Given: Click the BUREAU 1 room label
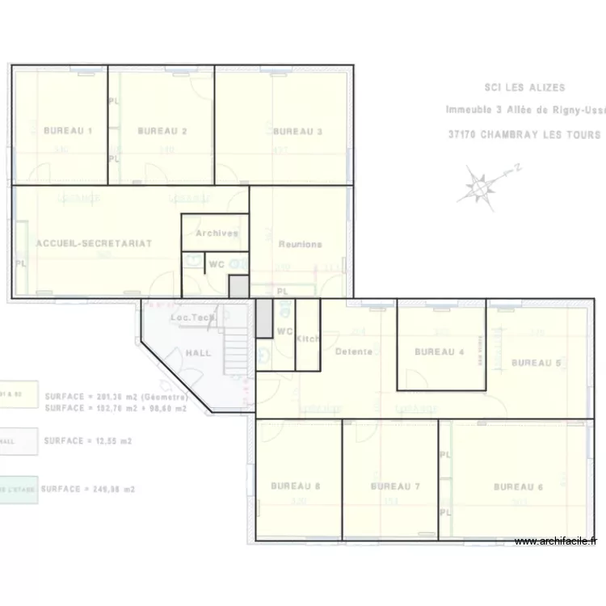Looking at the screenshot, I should tap(68, 131).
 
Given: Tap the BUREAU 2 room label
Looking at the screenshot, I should tap(162, 131).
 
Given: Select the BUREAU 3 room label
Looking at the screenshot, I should tap(297, 131).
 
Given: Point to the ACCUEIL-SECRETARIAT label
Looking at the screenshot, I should tap(94, 243).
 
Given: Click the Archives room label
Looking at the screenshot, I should tap(217, 234).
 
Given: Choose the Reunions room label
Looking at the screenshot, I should tap(300, 244).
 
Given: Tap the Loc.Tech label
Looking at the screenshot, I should tap(192, 318).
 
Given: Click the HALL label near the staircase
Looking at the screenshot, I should tap(199, 353).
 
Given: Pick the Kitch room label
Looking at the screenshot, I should tap(308, 339).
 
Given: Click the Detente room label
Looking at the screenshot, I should tap(354, 351).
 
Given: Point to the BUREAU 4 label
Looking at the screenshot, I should tap(440, 351).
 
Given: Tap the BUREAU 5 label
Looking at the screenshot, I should tap(536, 363).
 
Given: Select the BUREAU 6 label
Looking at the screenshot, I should tap(518, 487).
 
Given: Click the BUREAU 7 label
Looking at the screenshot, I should tap(395, 487).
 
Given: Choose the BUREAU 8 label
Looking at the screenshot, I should tap(296, 486).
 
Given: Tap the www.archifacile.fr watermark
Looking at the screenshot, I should tap(555, 541).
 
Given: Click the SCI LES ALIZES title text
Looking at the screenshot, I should tap(524, 87).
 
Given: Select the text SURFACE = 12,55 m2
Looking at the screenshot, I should tap(88, 441).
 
